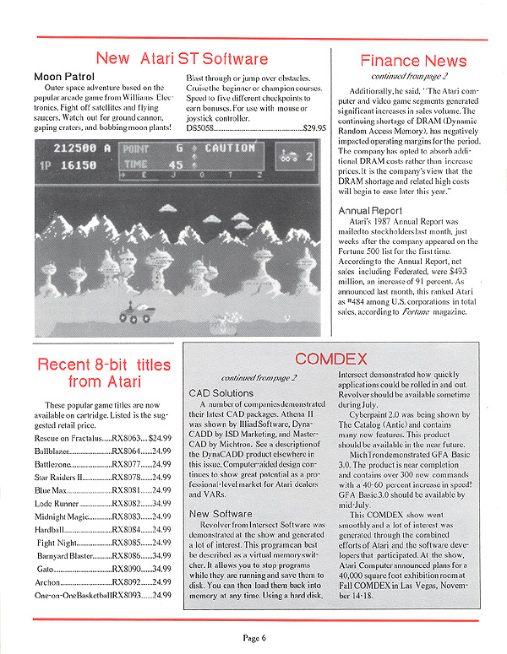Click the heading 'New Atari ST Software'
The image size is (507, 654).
click(x=182, y=58)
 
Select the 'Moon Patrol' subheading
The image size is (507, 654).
click(x=63, y=77)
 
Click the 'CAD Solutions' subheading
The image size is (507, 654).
click(x=221, y=393)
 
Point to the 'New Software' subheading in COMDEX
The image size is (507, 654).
click(x=221, y=513)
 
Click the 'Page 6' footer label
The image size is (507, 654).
click(x=251, y=637)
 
